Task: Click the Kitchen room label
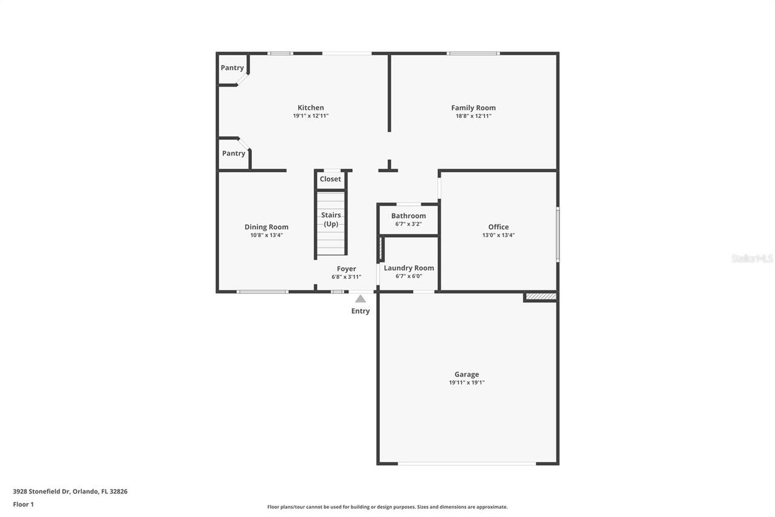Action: [311, 108]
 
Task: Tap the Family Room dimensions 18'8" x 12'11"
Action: [473, 116]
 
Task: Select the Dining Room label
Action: [266, 227]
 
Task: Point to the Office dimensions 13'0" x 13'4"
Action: [498, 235]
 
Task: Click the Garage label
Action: [467, 375]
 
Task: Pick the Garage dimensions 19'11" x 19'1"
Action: [467, 382]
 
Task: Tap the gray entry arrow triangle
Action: [360, 299]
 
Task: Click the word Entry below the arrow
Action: [360, 311]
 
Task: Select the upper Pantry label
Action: [232, 68]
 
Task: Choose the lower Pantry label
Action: [233, 153]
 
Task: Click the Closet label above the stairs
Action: [331, 179]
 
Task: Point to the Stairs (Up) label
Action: [331, 219]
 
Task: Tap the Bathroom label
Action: [408, 216]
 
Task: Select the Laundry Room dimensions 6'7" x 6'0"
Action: [409, 276]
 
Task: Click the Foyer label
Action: [346, 269]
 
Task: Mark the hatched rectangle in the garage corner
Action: [541, 296]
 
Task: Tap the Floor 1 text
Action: [23, 504]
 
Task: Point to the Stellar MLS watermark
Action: [752, 258]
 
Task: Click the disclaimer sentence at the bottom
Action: [387, 507]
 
